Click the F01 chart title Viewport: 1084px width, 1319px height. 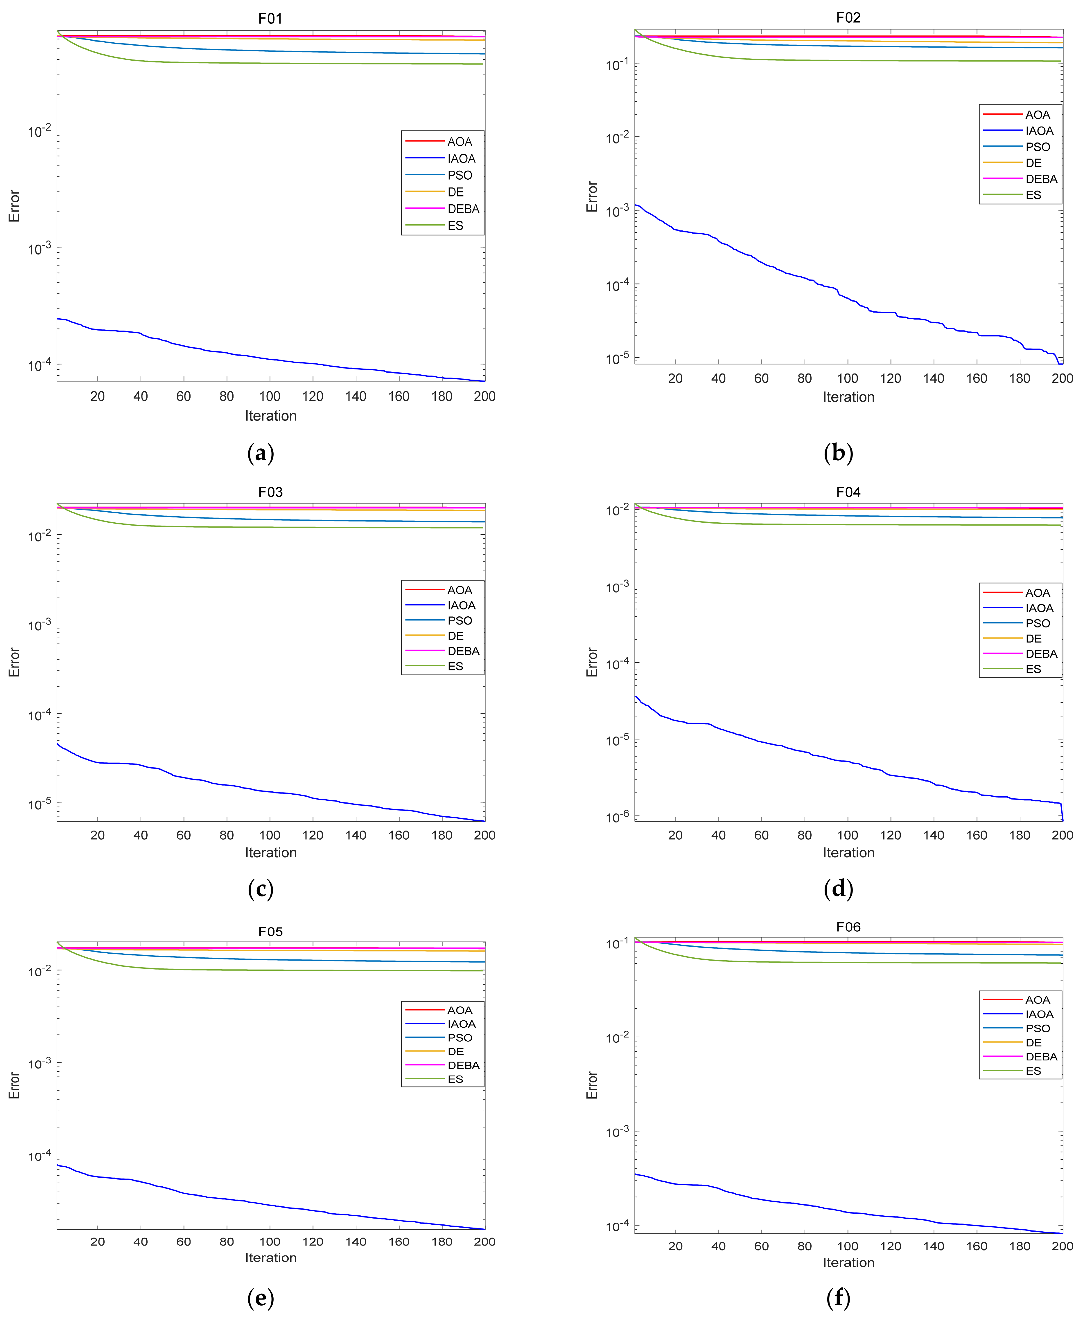pos(270,19)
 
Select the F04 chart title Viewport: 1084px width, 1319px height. pos(848,492)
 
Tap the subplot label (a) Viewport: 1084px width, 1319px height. pos(260,453)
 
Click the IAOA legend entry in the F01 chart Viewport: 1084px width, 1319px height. pos(461,158)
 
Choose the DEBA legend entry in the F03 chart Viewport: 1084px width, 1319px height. pos(463,651)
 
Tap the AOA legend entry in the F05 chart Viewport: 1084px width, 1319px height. pos(460,1010)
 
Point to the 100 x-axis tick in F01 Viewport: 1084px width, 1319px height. pos(270,396)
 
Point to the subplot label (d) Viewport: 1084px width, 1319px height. pos(838,889)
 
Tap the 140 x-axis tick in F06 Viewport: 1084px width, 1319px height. pos(934,1246)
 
